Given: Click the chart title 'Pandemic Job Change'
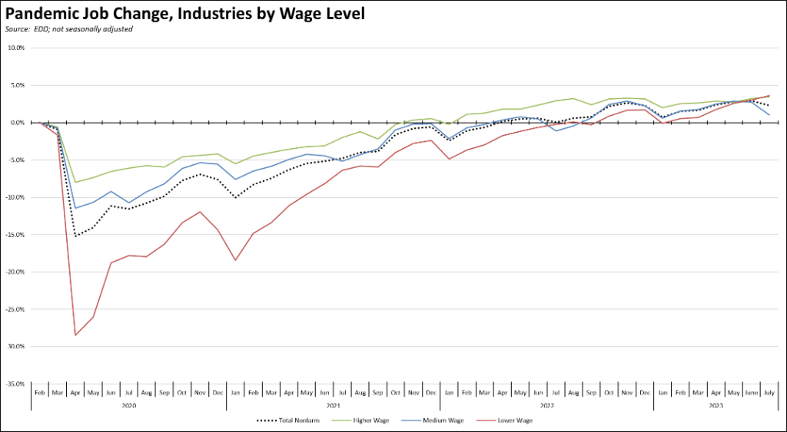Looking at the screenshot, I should (x=184, y=13).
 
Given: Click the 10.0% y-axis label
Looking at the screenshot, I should (x=16, y=48).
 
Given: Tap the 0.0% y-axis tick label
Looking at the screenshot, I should (x=18, y=123).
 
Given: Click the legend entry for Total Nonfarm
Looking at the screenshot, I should (x=287, y=420).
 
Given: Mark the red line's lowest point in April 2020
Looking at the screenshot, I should (x=75, y=335).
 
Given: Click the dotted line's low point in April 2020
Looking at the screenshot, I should (x=75, y=236).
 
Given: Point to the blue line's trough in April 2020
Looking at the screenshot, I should (x=75, y=208).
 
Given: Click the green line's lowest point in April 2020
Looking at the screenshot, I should (x=75, y=182).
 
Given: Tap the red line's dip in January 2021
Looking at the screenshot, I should (x=235, y=260).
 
